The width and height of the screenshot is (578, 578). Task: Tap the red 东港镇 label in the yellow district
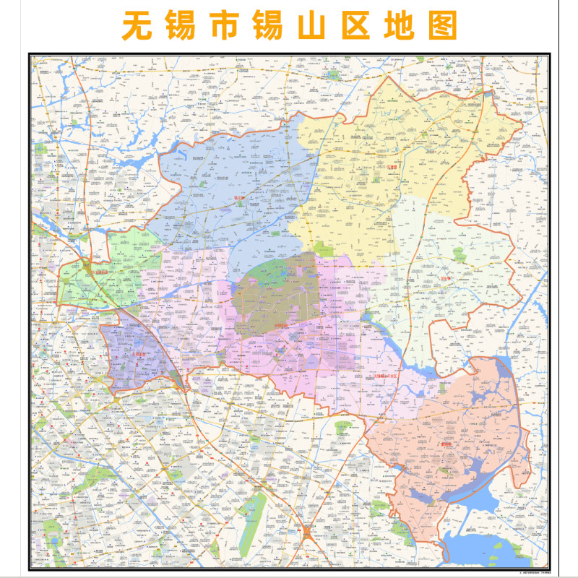click(x=392, y=168)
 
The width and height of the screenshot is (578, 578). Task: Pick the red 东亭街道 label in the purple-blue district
click(x=128, y=354)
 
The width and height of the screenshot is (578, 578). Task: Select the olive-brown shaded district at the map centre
click(x=278, y=293)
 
